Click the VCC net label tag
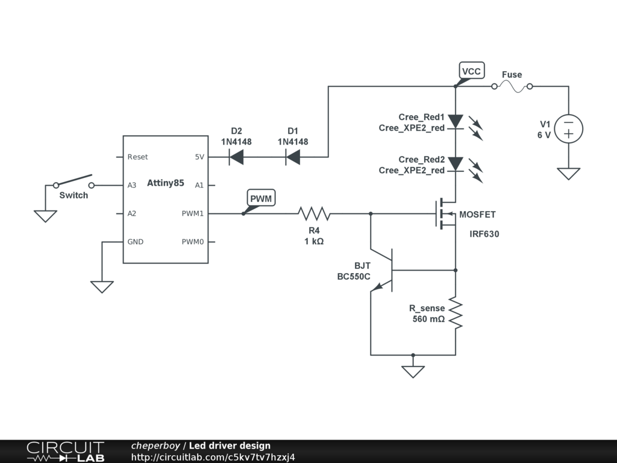(x=471, y=71)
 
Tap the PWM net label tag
(x=261, y=198)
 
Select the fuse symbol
(x=512, y=87)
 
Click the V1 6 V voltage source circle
(x=569, y=129)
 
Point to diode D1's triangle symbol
(x=293, y=157)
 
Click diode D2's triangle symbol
(x=236, y=157)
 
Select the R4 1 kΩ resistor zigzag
(x=314, y=214)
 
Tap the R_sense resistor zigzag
(x=456, y=313)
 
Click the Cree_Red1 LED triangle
(x=456, y=121)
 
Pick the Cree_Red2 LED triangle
(x=456, y=164)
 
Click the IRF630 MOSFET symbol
(x=445, y=214)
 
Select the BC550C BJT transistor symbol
(x=381, y=271)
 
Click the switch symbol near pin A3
(x=74, y=181)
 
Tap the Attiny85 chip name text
(x=165, y=183)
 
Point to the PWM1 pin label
(x=192, y=214)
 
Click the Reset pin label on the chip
(x=137, y=157)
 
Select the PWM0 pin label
(x=192, y=242)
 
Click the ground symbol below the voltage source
(x=569, y=174)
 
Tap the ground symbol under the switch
(x=45, y=216)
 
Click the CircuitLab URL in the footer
(x=213, y=457)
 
